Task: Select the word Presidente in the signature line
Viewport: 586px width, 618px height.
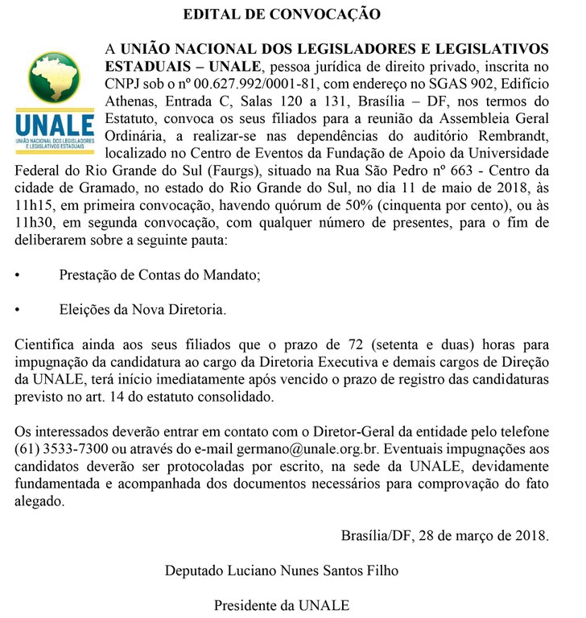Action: point(247,605)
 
